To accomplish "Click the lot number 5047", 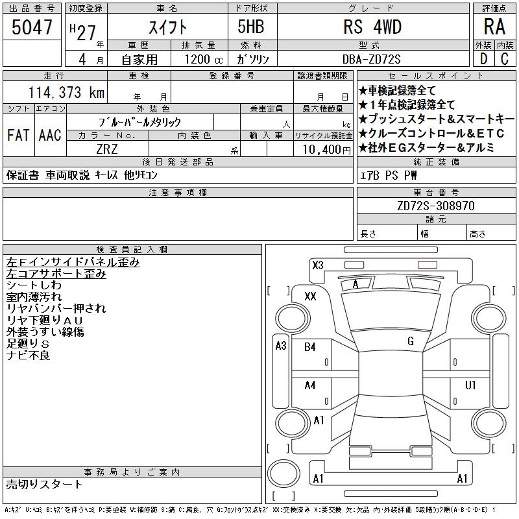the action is tap(32, 27).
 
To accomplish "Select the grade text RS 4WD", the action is tap(372, 27).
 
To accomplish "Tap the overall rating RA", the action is tap(494, 27).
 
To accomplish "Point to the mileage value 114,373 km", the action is tap(66, 92).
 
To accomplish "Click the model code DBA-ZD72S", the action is tap(371, 59).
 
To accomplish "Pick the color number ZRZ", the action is tap(107, 149).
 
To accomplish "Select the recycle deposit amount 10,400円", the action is tap(326, 150).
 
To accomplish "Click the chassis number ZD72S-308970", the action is tap(436, 206).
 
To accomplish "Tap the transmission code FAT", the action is tap(18, 135).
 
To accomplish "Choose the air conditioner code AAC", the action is tap(50, 135).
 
